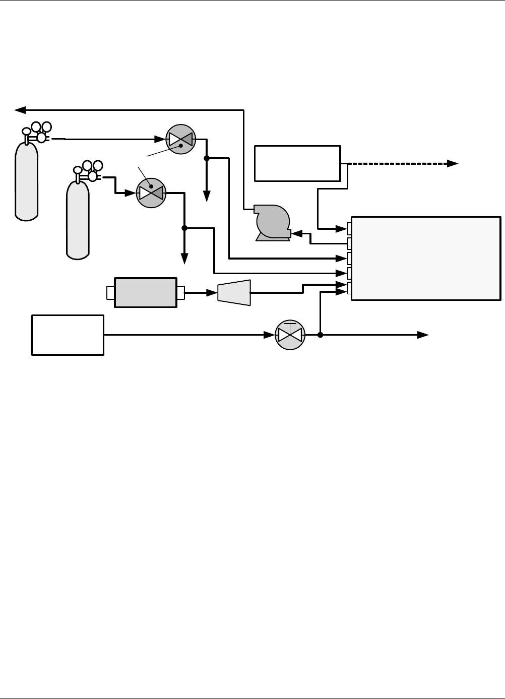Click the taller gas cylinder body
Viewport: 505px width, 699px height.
27,181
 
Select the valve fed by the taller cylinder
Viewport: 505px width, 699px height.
180,139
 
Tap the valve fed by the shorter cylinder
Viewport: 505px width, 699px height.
151,193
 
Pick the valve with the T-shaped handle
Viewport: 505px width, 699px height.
290,335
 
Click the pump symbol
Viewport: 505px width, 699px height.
273,222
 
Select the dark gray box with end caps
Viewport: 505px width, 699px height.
146,292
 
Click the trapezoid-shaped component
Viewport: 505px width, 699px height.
234,292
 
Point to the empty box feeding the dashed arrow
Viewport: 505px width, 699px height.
297,163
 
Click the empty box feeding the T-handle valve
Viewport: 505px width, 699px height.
68,335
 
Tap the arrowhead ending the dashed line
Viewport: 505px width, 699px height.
453,163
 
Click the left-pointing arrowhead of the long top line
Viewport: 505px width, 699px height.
20,109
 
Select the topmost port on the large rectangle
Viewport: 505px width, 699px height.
349,229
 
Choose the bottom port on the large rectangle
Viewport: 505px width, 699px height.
349,288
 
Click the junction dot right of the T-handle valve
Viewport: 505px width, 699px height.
320,335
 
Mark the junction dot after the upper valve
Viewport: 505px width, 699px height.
207,158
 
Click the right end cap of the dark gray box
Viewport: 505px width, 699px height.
180,292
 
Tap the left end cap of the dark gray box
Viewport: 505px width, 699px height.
111,292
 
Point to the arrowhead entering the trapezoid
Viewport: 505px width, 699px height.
212,292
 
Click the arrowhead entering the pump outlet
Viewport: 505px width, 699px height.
296,233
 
